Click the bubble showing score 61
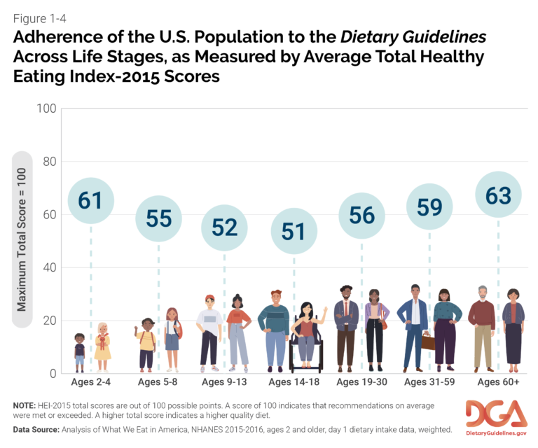pyautogui.click(x=90, y=200)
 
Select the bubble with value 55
pyautogui.click(x=158, y=218)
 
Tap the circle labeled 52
pyautogui.click(x=225, y=227)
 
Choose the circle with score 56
pyautogui.click(x=362, y=215)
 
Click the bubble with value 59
pyautogui.click(x=430, y=207)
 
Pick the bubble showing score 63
pyautogui.click(x=498, y=196)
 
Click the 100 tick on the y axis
pyautogui.click(x=46, y=109)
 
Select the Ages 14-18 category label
pyautogui.click(x=294, y=382)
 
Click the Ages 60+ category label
pyautogui.click(x=497, y=382)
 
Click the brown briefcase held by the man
pyautogui.click(x=427, y=342)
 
